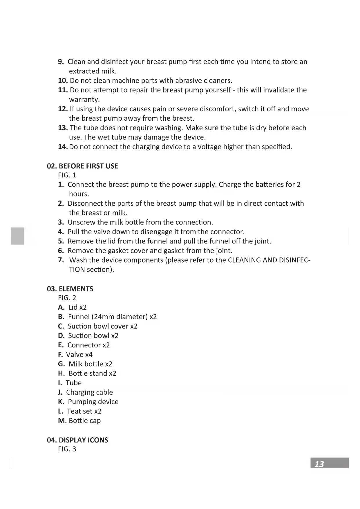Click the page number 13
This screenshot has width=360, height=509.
tap(319, 464)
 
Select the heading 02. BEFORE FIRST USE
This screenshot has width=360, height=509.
tap(82, 166)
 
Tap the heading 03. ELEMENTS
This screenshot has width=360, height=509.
tap(70, 289)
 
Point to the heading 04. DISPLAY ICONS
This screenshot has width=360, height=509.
tap(77, 440)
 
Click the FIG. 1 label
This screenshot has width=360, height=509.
tap(67, 175)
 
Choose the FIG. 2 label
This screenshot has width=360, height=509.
tap(67, 298)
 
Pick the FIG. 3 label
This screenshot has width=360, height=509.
tap(67, 449)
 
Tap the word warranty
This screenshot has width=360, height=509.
tap(84, 100)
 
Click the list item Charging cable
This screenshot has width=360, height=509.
tap(89, 392)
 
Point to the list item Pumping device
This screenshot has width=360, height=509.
tap(93, 402)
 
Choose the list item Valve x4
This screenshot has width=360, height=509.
tap(79, 355)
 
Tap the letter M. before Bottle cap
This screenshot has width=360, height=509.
tap(62, 421)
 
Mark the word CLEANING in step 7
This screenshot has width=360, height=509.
tap(244, 260)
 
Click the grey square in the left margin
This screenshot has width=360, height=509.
tap(17, 236)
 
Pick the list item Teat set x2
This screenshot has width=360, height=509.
tap(84, 411)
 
